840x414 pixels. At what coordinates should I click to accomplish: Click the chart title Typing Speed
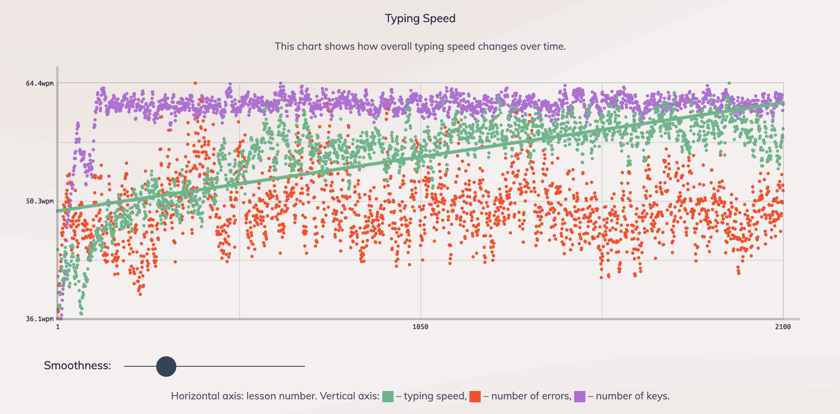[420, 18]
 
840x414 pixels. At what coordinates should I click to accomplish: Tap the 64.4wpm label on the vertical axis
[40, 83]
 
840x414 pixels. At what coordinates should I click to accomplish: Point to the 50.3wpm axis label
[40, 201]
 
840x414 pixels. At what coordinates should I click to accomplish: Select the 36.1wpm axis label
[40, 319]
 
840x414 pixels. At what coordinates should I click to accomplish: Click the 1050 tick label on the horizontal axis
[420, 327]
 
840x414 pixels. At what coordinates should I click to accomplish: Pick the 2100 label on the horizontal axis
[783, 327]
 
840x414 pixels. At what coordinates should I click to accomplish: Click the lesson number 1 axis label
[58, 327]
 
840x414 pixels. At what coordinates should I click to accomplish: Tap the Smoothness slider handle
[166, 366]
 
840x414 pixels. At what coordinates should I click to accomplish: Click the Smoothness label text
[77, 365]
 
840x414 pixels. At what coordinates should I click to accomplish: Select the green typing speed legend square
[388, 396]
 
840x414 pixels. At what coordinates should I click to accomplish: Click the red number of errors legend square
[475, 396]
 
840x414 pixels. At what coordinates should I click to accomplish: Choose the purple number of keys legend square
[580, 396]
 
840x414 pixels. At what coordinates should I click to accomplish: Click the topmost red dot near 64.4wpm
[195, 83]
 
